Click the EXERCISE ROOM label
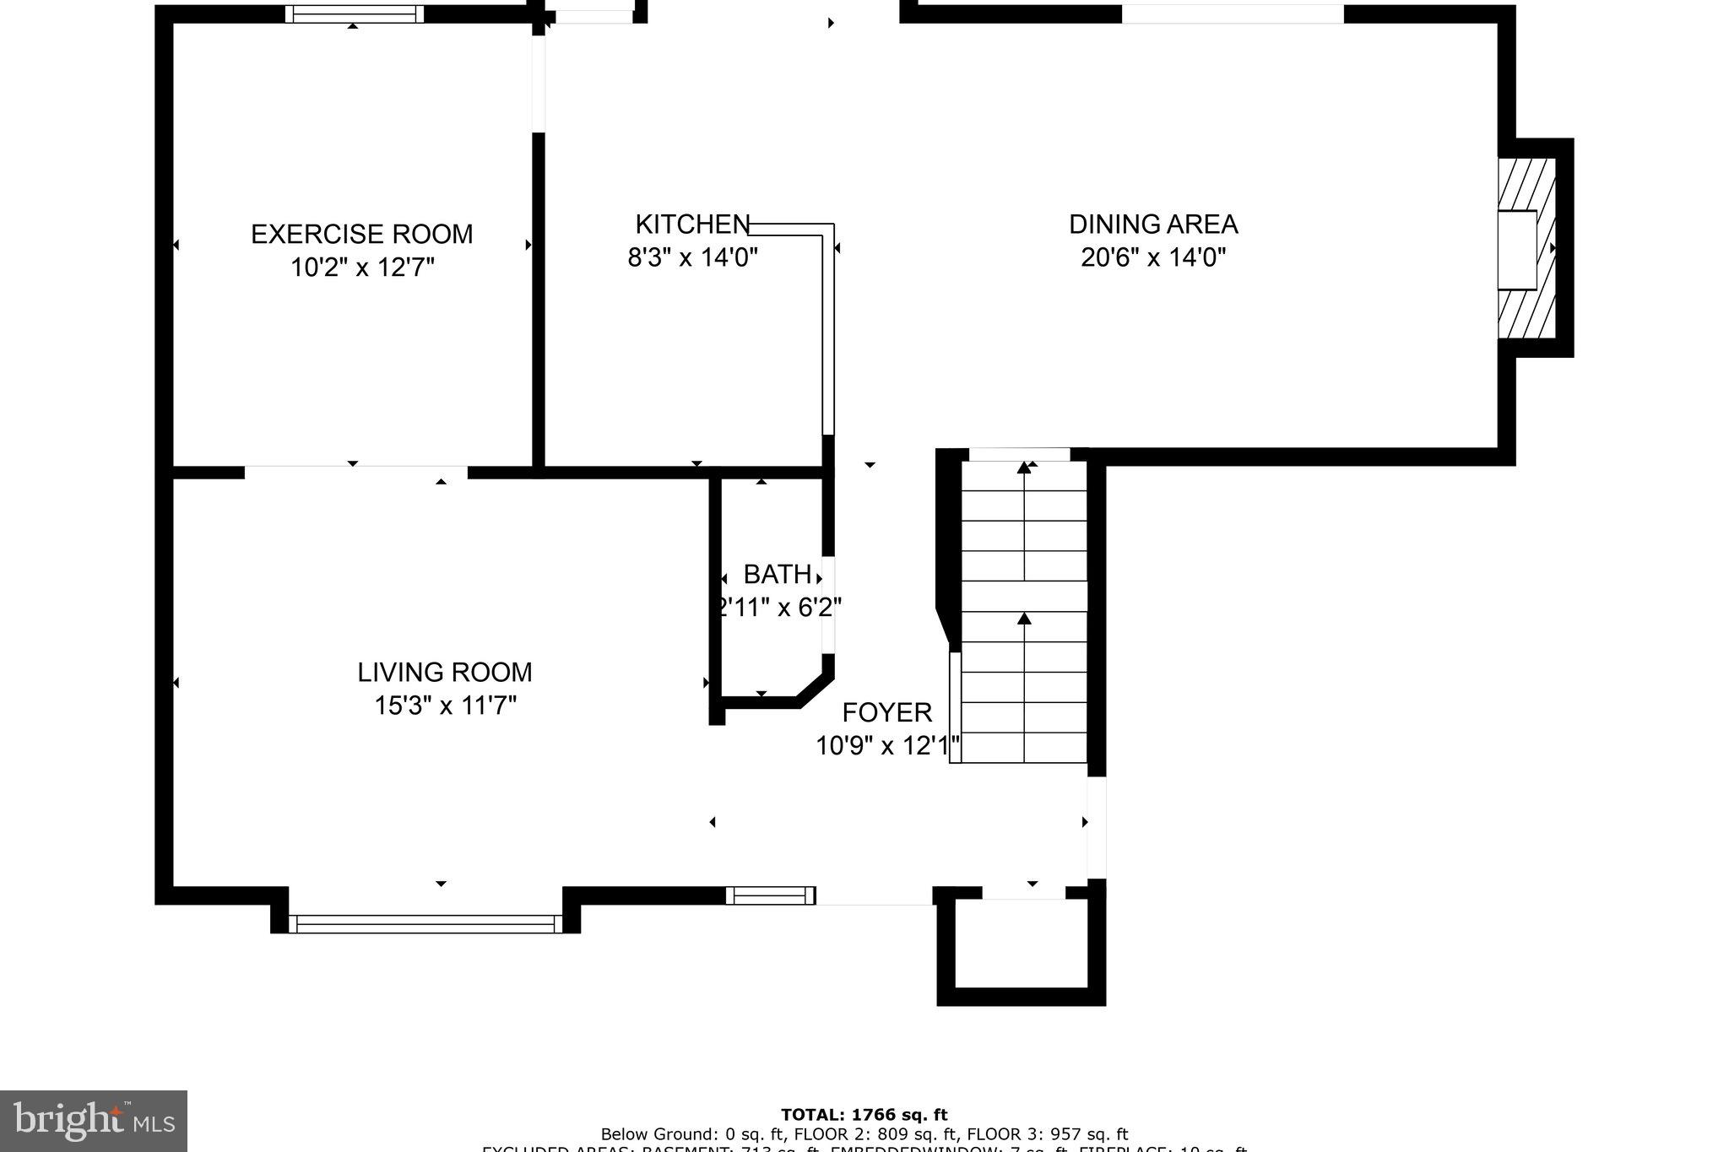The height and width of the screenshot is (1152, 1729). coord(361,234)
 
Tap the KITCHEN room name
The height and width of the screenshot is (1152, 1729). coord(692,224)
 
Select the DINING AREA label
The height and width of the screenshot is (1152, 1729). coord(1153,224)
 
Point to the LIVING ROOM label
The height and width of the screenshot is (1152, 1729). coord(445,673)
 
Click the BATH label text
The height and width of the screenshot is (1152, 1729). coord(777,575)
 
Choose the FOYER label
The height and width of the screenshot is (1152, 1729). coord(887,713)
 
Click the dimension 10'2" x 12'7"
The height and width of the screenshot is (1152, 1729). coord(362,268)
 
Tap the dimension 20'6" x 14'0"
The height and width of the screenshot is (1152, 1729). coord(1153,257)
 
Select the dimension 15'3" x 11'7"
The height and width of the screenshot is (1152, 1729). coord(445,705)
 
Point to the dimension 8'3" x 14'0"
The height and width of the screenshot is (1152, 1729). coord(692,257)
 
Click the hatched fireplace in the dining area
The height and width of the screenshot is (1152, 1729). coord(1526,249)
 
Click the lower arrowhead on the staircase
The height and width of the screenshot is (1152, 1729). coord(1025,619)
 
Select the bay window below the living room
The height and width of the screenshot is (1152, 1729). coord(425,923)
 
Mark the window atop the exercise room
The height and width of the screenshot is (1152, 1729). coord(354,14)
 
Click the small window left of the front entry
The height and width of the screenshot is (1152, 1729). coord(771,895)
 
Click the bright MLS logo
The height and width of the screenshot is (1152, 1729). coord(94,1121)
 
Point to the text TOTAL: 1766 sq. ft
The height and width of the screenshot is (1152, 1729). coord(864,1115)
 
